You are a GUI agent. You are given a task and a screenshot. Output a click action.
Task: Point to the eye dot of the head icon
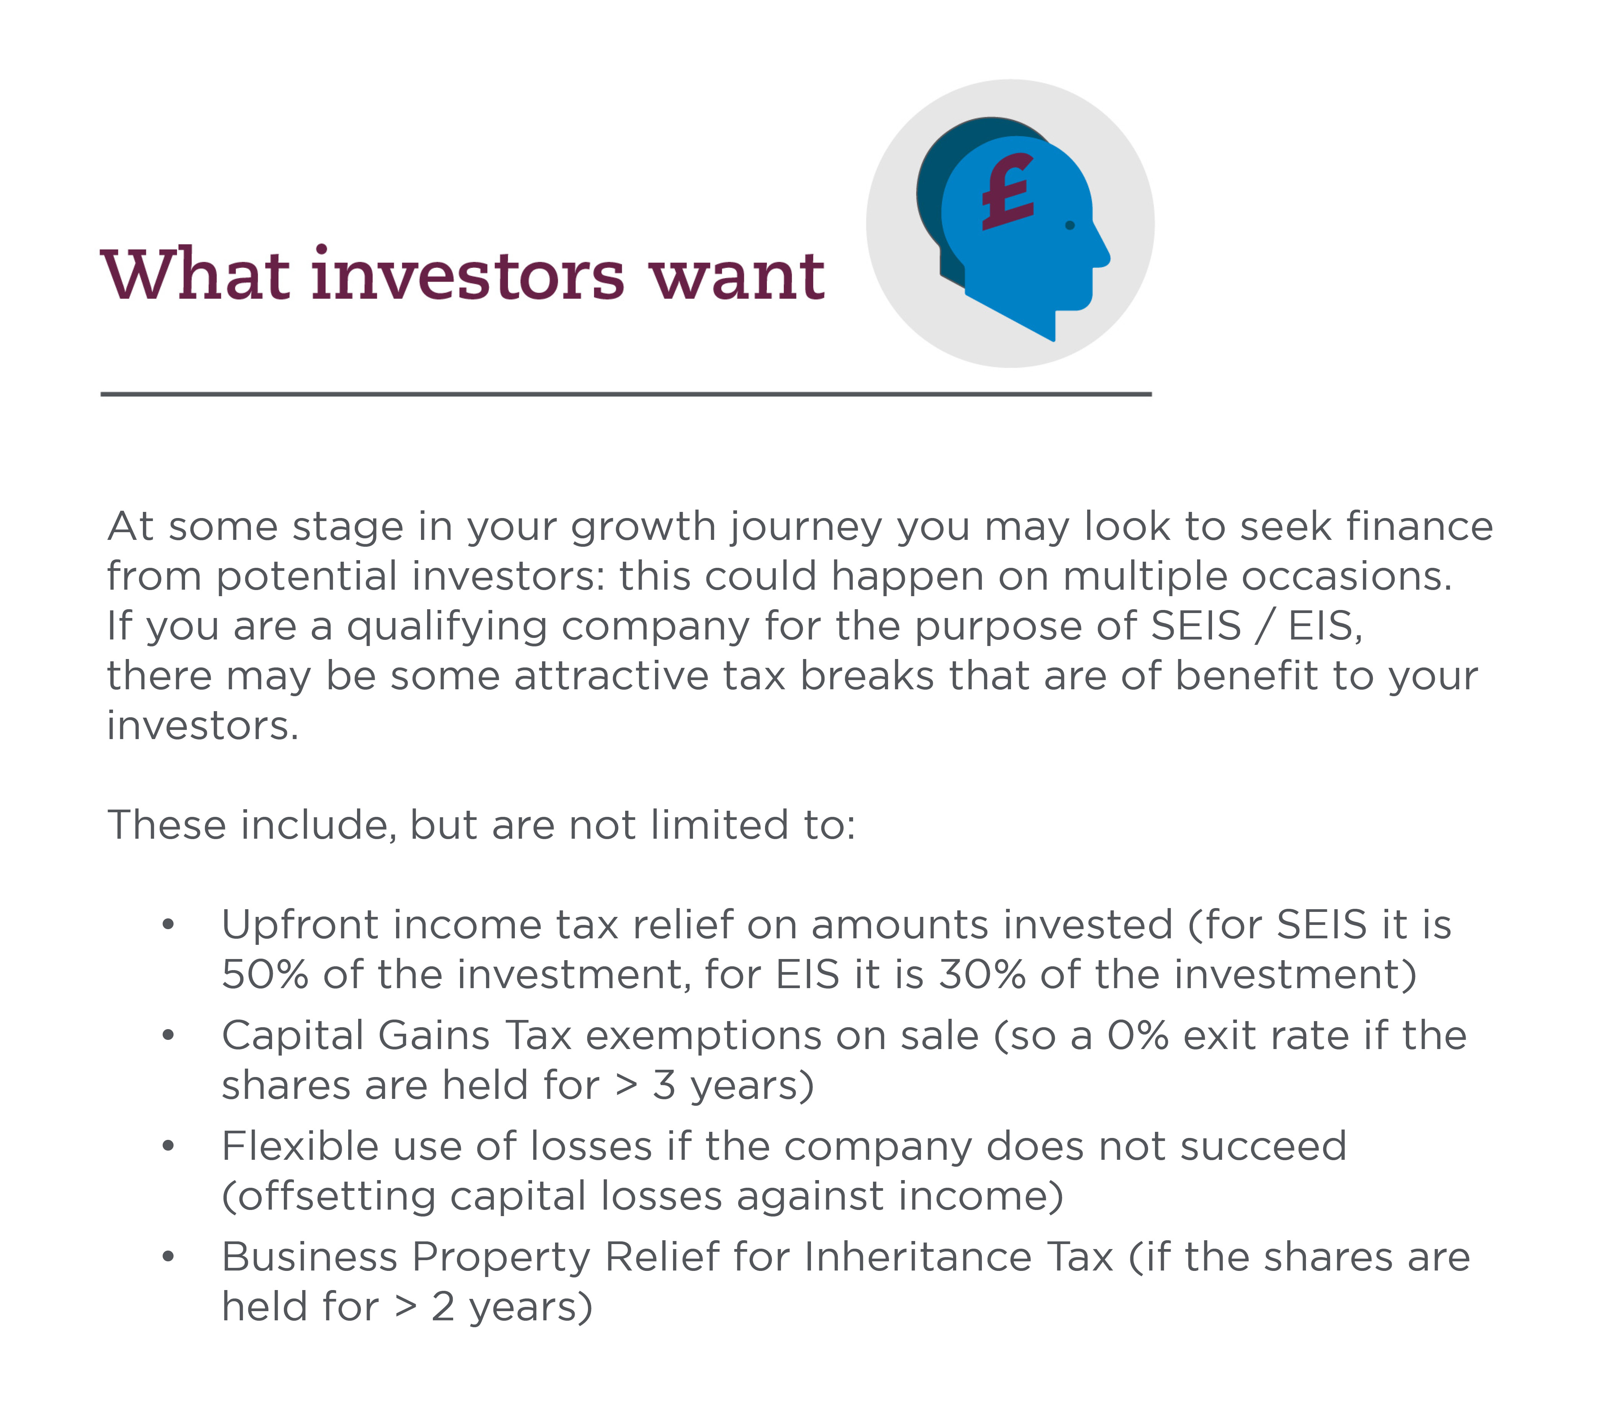pyautogui.click(x=1070, y=225)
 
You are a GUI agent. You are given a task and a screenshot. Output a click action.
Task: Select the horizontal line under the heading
pyautogui.click(x=626, y=394)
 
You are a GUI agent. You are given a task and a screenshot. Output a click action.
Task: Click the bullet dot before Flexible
pyautogui.click(x=168, y=1146)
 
